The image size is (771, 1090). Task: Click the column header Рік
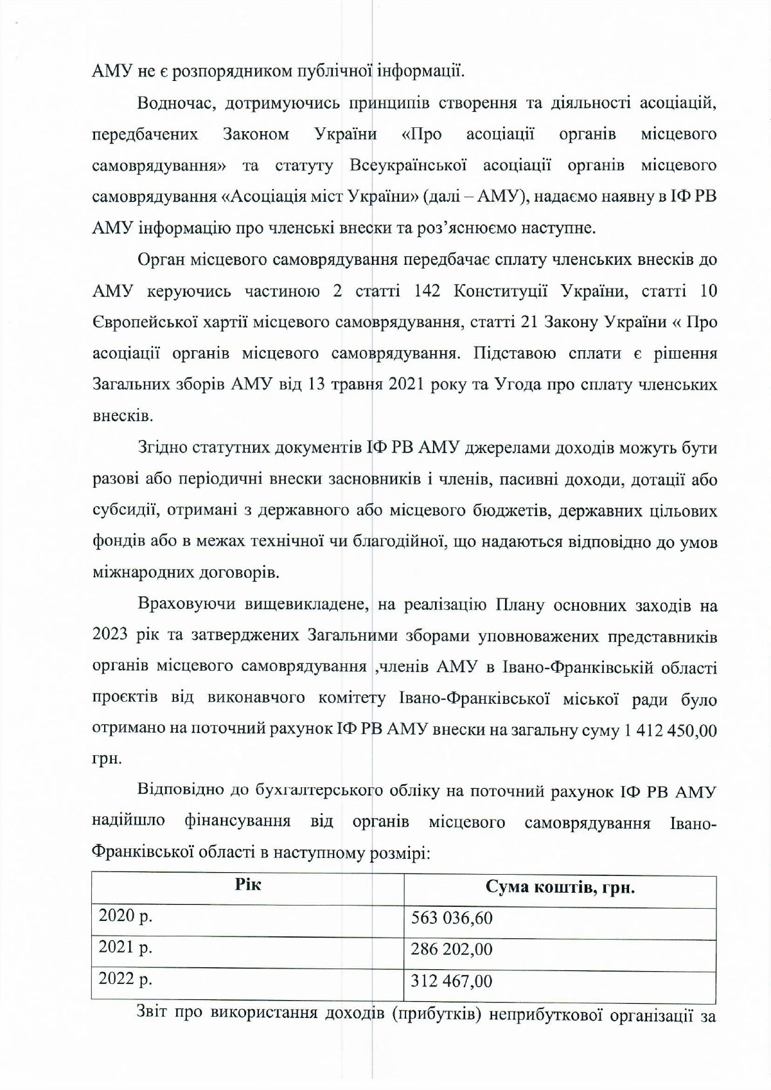[247, 885]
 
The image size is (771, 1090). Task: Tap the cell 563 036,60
[452, 918]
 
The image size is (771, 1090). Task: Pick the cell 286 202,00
[452, 949]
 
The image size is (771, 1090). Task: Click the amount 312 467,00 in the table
[452, 980]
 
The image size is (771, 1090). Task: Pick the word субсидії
[125, 511]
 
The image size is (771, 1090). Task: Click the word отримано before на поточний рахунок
[122, 731]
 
